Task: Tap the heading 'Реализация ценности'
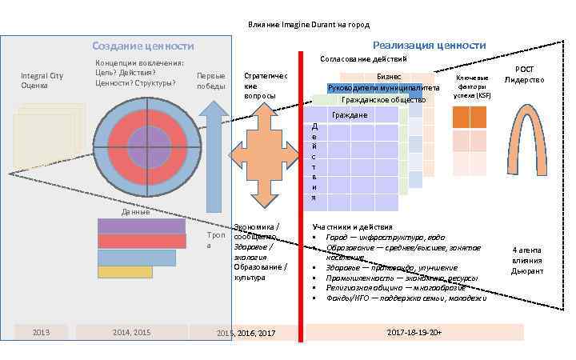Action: coord(429,45)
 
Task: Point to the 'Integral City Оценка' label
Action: coord(42,80)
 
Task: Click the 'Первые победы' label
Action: coord(211,81)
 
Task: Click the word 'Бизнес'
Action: coord(400,76)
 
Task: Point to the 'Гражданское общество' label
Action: coord(382,100)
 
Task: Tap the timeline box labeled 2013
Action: coord(40,332)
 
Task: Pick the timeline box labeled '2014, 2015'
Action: coord(131,332)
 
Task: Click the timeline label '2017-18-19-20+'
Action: coord(414,331)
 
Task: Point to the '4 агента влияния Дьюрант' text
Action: coord(527,261)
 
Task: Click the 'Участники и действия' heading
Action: coord(353,227)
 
